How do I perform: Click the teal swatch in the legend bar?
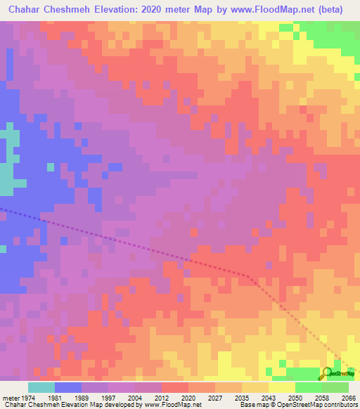point(41,387)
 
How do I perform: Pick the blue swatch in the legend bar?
point(68,387)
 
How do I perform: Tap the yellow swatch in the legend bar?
point(282,387)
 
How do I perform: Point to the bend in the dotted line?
point(247,275)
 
